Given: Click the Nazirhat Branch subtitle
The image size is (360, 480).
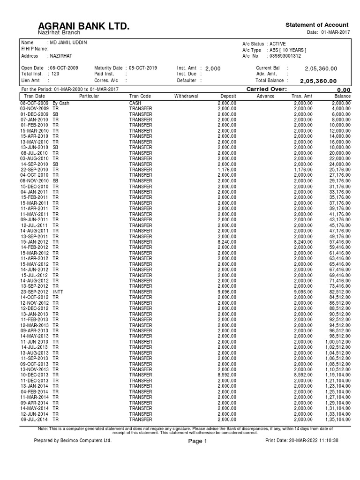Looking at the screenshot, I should (x=59, y=33).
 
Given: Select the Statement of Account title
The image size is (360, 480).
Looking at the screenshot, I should (x=317, y=25).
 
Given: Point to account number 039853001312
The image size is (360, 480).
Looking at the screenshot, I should (x=285, y=56).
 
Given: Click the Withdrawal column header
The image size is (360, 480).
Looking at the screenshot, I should (x=186, y=96).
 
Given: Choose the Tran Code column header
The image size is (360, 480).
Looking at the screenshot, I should (x=140, y=96).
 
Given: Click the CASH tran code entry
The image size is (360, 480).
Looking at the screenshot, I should (x=135, y=103).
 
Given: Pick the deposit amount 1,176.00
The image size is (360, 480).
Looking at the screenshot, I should (x=227, y=169).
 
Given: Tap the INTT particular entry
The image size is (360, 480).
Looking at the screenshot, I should (x=58, y=292).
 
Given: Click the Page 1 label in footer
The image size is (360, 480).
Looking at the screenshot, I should (x=197, y=441).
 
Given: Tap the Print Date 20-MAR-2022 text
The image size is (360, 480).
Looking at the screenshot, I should (x=301, y=441).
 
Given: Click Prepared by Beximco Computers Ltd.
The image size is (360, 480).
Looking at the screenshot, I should (x=73, y=441).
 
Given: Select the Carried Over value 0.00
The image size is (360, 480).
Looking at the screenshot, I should (x=344, y=90).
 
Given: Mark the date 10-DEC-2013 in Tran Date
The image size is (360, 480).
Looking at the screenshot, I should (x=34, y=375).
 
